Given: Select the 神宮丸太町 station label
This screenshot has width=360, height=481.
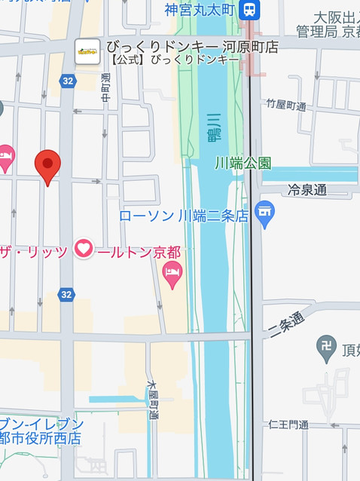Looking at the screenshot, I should [x=201, y=11].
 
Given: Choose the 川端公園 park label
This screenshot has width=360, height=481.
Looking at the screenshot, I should [x=243, y=163].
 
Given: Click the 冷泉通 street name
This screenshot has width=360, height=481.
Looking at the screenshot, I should [x=307, y=190].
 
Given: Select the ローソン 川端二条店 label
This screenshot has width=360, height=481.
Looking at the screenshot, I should [x=184, y=216].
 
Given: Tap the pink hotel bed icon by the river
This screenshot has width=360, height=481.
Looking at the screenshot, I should [x=172, y=276].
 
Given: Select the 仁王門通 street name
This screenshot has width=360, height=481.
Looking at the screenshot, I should [x=288, y=424].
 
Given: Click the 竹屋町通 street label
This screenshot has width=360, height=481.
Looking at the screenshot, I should [x=285, y=106].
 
